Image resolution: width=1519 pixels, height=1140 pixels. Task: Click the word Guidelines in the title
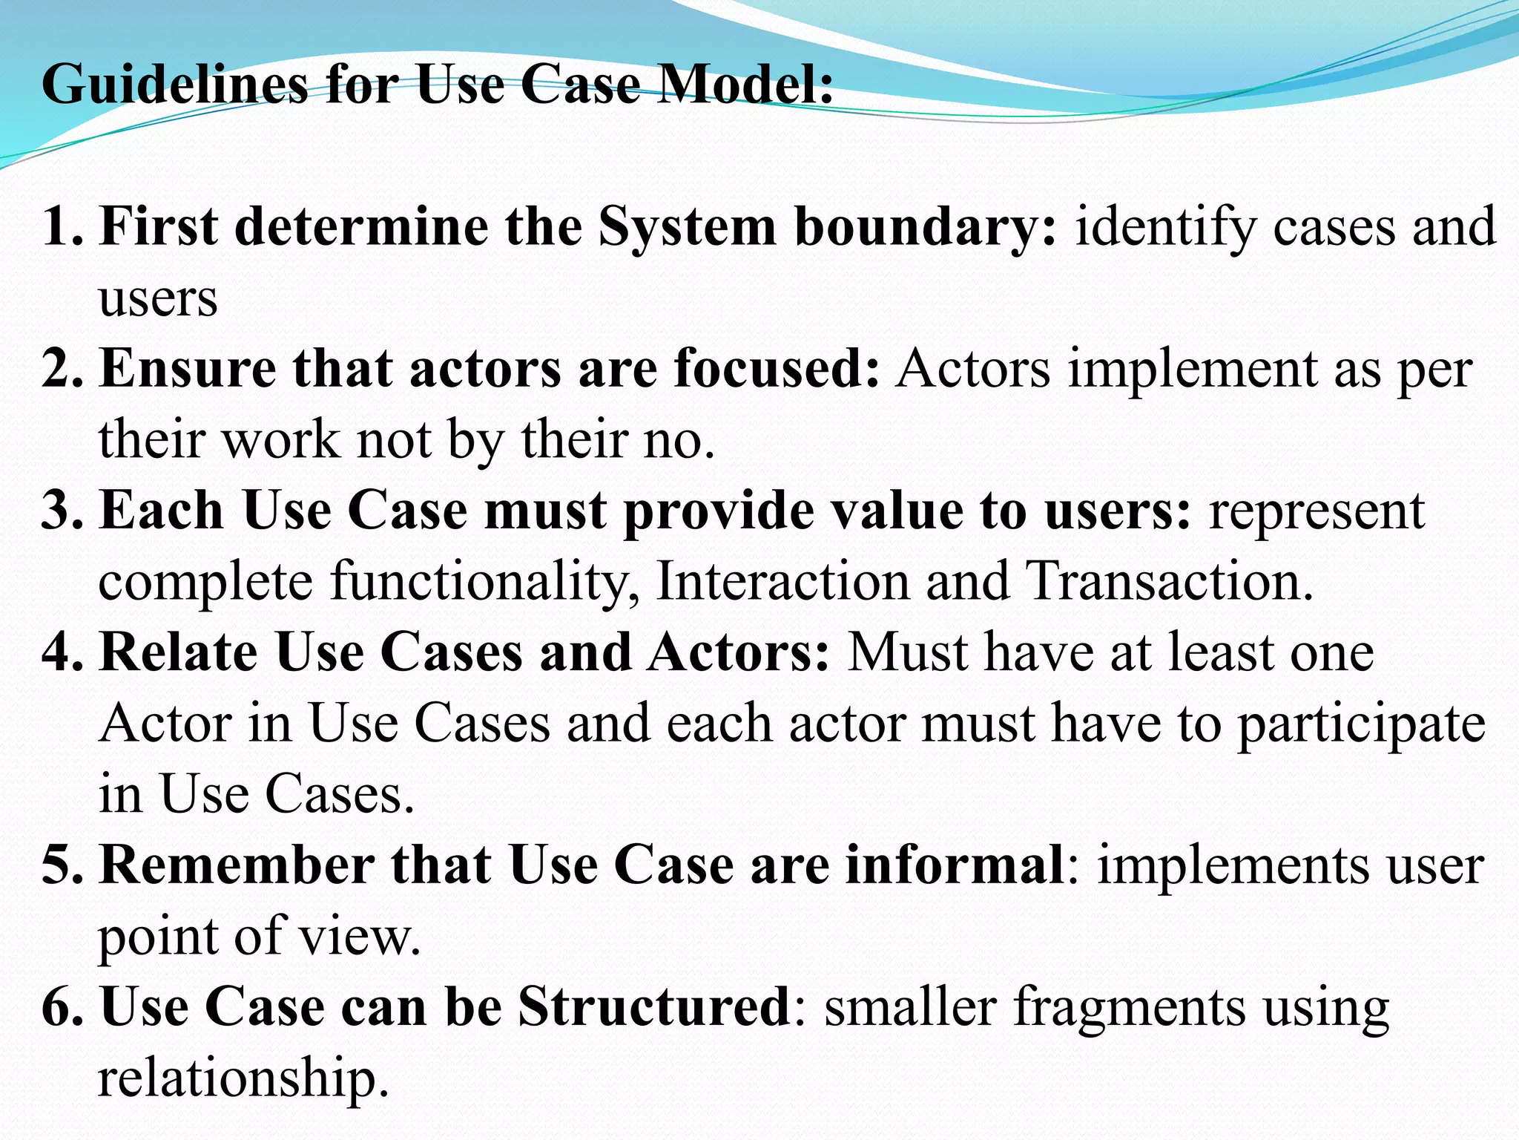pos(174,85)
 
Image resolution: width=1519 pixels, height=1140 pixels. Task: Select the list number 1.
pos(62,226)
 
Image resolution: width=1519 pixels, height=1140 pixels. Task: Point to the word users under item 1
pos(158,299)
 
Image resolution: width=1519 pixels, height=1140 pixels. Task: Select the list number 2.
pos(62,369)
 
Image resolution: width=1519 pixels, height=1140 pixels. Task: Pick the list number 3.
pos(62,511)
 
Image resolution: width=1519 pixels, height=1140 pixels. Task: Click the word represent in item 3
pos(1317,511)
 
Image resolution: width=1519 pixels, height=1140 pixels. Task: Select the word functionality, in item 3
pos(485,581)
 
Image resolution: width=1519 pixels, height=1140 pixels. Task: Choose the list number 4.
pos(62,652)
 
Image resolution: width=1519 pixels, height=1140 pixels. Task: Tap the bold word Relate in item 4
pos(178,652)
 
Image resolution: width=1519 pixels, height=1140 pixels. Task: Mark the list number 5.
pos(62,865)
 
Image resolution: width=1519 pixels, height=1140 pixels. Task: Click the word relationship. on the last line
pos(243,1078)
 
